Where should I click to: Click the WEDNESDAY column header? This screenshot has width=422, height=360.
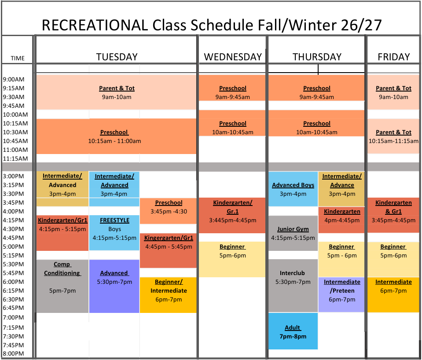point(233,57)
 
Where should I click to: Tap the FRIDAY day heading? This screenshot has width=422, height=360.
point(393,57)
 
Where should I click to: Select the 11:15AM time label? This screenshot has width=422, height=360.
point(15,158)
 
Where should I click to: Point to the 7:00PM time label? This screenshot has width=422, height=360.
point(14,317)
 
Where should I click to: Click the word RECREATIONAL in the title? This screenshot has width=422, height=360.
point(95,25)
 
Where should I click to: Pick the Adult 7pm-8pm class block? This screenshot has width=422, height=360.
point(293,331)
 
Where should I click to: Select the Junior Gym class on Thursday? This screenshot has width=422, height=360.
point(293,233)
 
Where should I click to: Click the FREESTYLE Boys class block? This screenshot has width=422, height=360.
point(114,233)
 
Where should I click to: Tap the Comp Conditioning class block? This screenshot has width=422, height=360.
point(62,286)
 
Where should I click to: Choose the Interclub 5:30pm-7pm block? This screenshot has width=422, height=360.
point(293,286)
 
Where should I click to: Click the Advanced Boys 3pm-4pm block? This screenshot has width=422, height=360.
point(293,189)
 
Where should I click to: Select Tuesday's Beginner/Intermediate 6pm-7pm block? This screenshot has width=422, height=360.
point(169,295)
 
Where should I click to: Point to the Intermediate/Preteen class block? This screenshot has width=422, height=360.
point(341,295)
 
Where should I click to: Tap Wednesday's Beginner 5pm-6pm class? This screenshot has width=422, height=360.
point(232,259)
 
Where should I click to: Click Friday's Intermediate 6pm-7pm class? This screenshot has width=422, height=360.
point(393,295)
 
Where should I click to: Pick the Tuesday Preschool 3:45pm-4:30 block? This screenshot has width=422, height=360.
point(169,211)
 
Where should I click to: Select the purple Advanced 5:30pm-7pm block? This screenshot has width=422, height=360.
point(114,286)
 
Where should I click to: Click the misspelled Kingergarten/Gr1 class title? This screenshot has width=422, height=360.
point(169,238)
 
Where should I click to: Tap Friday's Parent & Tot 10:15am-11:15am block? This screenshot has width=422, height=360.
point(393,136)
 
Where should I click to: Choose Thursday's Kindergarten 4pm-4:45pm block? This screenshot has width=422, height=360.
point(341,220)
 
